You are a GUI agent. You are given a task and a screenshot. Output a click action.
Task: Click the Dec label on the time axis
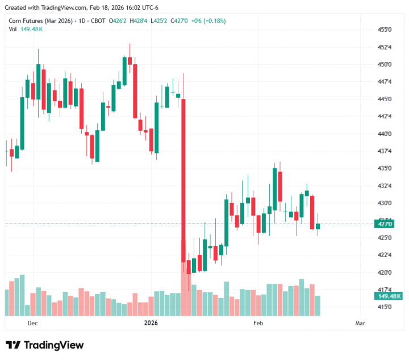(32, 323)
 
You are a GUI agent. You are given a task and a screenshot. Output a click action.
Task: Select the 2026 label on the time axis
(151, 323)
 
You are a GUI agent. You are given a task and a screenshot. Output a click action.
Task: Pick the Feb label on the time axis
(258, 323)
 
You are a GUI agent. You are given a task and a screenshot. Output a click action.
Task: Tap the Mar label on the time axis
(360, 323)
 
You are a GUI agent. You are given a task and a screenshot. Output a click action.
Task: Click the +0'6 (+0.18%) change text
(208, 20)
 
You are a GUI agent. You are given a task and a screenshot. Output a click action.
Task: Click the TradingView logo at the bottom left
(45, 345)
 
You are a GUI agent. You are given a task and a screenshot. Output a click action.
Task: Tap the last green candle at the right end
(318, 226)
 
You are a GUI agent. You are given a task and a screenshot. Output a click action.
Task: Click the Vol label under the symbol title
(12, 29)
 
